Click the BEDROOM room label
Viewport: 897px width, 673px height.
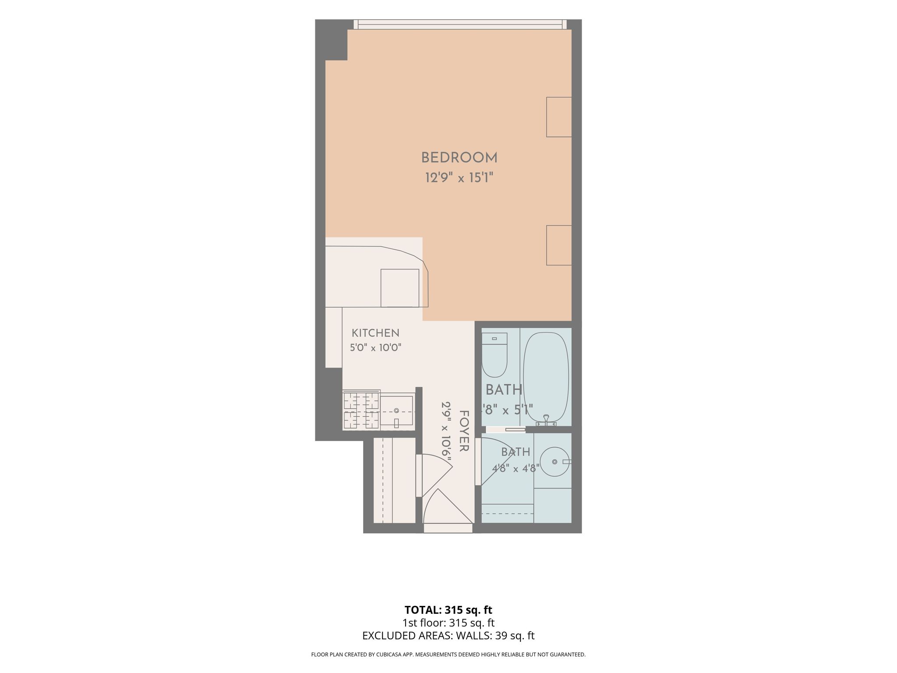459,158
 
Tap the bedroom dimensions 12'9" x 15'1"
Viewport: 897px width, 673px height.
459,178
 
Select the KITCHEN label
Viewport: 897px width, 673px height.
375,333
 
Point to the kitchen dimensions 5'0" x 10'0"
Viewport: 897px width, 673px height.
375,348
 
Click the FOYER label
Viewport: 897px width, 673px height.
464,431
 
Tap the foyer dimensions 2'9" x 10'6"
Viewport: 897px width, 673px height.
446,431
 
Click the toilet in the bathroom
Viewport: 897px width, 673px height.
494,355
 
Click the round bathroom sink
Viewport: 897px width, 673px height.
555,462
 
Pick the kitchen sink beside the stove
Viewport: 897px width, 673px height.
397,411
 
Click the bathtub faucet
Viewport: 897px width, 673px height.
546,420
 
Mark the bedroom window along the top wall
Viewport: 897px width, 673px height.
460,25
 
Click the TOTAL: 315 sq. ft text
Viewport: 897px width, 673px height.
448,610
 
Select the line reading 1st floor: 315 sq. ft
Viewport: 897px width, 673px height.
448,623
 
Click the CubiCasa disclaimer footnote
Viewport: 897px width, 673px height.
448,655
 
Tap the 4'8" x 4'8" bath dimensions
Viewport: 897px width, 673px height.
515,468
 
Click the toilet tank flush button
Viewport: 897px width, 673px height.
494,339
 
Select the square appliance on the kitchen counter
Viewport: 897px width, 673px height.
400,288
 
